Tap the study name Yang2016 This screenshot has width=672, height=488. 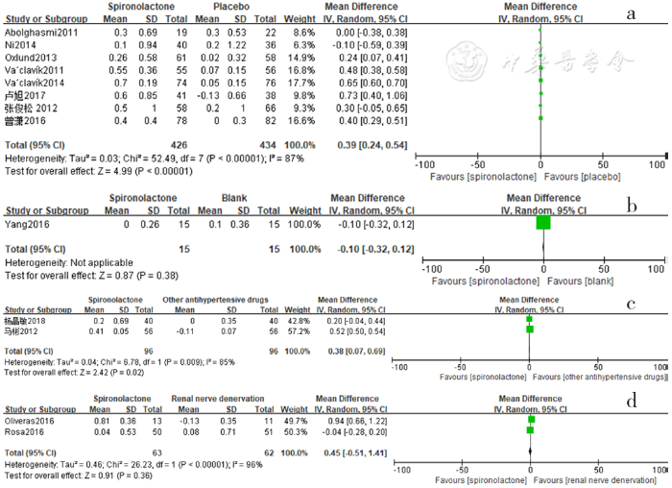(x=26, y=223)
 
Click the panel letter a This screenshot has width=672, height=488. (x=631, y=14)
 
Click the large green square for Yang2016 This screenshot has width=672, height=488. (x=543, y=223)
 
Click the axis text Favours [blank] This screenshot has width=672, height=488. (x=586, y=282)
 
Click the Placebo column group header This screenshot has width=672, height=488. (x=228, y=7)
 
